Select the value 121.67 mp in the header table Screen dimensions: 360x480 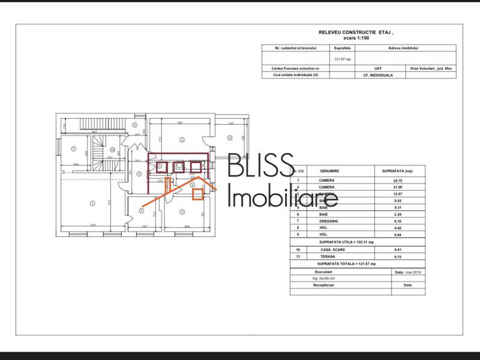pyautogui.click(x=343, y=59)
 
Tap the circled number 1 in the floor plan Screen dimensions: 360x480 pyautogui.click(x=92, y=203)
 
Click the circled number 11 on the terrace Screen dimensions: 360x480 pyautogui.click(x=229, y=138)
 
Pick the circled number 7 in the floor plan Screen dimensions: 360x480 pyautogui.click(x=73, y=148)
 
